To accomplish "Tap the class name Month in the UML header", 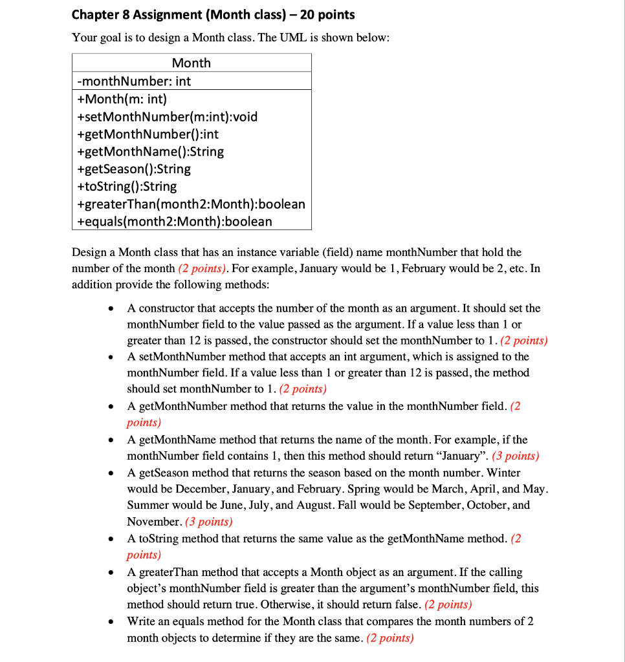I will pyautogui.click(x=191, y=63).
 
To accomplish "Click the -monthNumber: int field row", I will pyautogui.click(x=134, y=81).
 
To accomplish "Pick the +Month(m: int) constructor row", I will pyautogui.click(x=122, y=99).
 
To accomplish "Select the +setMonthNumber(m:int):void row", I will pyautogui.click(x=167, y=116).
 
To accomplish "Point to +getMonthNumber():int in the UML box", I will pyautogui.click(x=148, y=134).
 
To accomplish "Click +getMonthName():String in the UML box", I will pyautogui.click(x=150, y=151).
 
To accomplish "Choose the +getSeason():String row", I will pyautogui.click(x=134, y=169).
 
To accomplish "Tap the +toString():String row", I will pyautogui.click(x=127, y=186).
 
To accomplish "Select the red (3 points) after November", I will pyautogui.click(x=208, y=522).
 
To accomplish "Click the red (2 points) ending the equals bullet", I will pyautogui.click(x=389, y=638).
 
